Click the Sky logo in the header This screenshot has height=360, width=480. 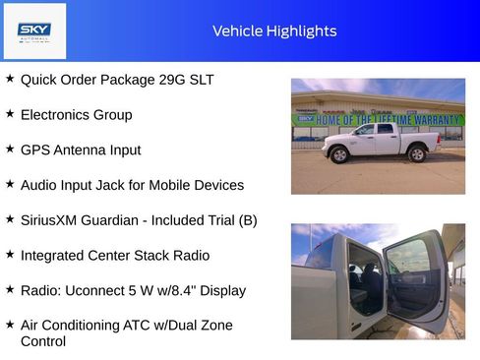(34, 31)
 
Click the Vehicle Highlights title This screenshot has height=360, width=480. (274, 30)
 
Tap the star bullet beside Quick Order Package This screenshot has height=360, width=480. (10, 79)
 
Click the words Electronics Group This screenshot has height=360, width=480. (76, 115)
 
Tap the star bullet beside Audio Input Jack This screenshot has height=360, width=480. (10, 184)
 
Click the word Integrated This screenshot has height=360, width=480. (55, 256)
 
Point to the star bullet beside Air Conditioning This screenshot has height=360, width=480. (10, 325)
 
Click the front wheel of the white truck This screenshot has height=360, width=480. (340, 154)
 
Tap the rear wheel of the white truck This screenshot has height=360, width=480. (417, 153)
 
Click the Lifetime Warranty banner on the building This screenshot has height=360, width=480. (389, 118)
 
